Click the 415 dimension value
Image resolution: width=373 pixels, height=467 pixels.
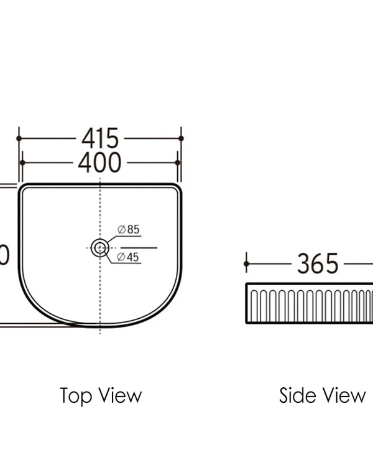tap(99, 138)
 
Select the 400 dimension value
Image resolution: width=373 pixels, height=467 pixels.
tap(99, 163)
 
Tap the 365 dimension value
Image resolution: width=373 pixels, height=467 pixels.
tap(318, 264)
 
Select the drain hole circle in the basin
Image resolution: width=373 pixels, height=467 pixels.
tap(99, 248)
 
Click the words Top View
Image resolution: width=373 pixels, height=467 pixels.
tap(100, 395)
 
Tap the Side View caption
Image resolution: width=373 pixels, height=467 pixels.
tap(322, 395)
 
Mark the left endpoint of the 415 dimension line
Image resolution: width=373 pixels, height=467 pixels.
tap(19, 138)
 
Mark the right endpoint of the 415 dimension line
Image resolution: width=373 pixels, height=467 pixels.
tap(181, 138)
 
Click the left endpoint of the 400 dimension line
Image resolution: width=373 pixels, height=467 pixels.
tap(22, 163)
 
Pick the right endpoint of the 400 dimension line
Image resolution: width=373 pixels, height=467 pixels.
tap(178, 163)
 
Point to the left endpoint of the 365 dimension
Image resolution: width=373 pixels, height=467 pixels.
tap(247, 264)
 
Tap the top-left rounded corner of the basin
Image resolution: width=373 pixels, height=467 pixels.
tap(24, 188)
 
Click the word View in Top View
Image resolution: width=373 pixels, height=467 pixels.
tap(121, 395)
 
